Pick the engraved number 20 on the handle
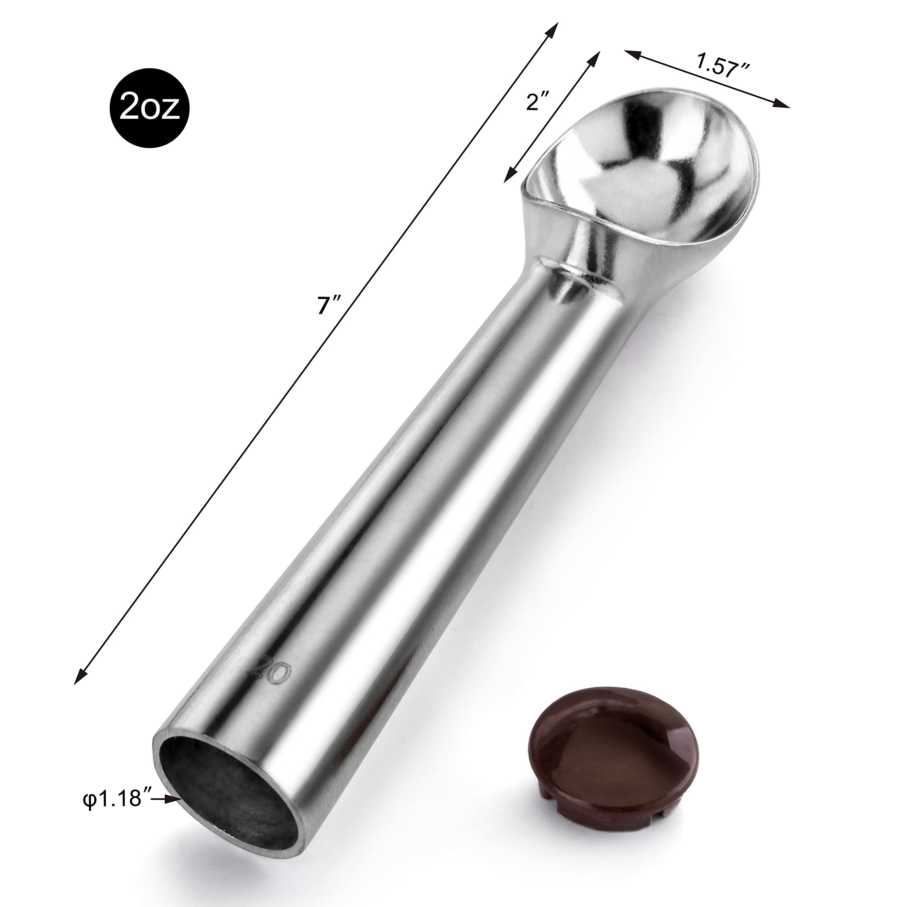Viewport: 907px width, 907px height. pyautogui.click(x=269, y=678)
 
